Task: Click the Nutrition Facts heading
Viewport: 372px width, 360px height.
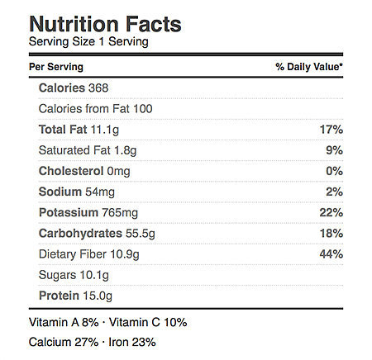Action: coord(105,24)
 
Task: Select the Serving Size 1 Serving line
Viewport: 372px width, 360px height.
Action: coord(88,42)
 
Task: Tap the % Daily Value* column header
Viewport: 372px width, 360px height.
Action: coord(309,67)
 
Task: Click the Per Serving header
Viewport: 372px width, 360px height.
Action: coord(56,67)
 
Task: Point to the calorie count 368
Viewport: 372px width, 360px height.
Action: coord(98,88)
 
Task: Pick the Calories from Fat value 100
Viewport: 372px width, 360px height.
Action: coord(142,109)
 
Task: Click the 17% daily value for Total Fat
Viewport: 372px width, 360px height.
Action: coord(331,130)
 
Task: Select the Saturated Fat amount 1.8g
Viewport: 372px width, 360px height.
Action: coord(126,150)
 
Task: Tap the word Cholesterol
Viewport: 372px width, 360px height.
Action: coord(71,171)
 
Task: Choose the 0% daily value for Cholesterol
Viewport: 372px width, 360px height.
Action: coord(335,171)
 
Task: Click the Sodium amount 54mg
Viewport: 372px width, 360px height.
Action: coord(100,192)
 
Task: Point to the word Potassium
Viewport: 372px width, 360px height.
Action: coord(69,213)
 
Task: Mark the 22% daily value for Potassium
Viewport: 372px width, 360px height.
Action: coord(331,213)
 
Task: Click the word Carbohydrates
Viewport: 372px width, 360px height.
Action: coord(80,234)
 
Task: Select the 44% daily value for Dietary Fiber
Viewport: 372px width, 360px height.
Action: coord(331,254)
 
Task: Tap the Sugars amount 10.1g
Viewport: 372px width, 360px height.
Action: coord(94,275)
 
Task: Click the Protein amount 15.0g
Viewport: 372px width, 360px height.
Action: coord(98,296)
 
